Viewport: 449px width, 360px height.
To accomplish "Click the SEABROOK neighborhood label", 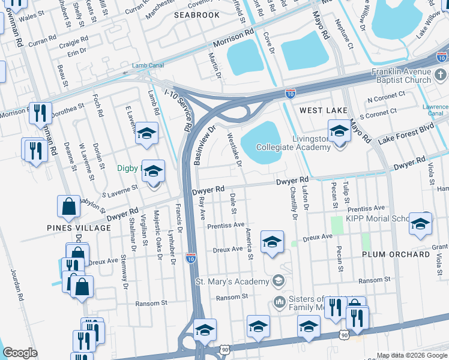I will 197,14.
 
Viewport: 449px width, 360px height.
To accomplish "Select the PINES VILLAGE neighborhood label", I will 71,228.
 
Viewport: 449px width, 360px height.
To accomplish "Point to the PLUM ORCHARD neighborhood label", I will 396,254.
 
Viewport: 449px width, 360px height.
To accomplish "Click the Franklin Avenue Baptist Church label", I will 401,76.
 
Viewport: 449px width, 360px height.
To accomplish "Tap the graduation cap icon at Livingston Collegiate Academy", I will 339,131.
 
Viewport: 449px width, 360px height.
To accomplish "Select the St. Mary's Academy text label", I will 232,281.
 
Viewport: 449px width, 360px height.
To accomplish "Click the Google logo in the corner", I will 20,353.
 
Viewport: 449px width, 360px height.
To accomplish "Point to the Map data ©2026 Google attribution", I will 412,355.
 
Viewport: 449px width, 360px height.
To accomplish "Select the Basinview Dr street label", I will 204,143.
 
